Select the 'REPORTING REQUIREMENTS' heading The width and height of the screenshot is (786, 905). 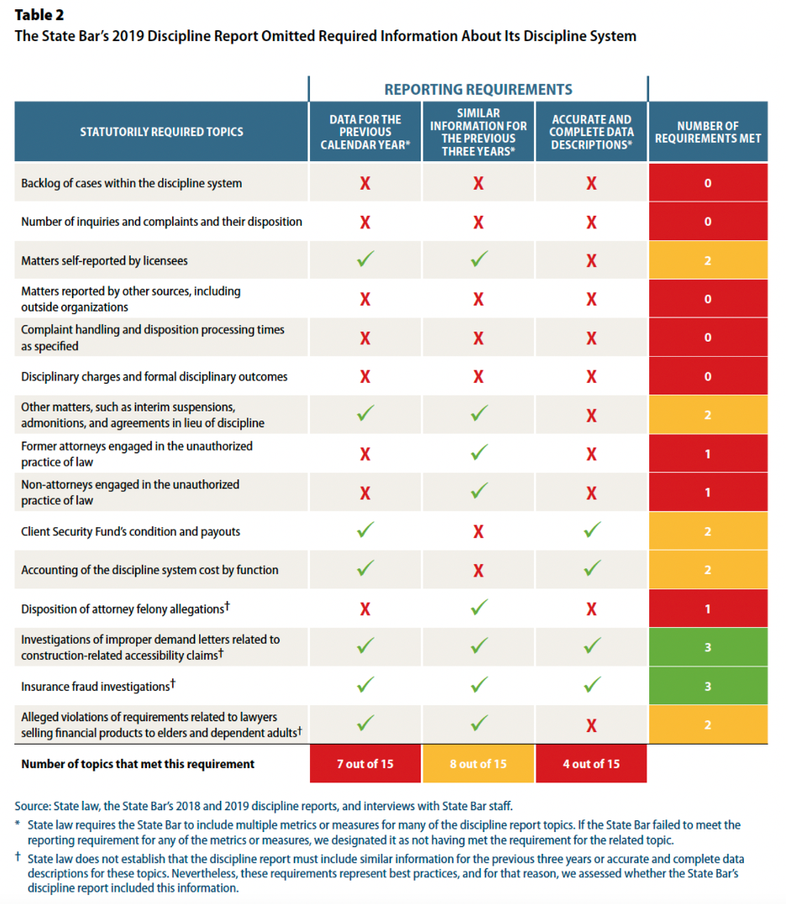tap(478, 89)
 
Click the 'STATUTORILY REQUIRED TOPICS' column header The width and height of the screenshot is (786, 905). tap(162, 132)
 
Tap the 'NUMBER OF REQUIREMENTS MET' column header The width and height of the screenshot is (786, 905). tap(708, 132)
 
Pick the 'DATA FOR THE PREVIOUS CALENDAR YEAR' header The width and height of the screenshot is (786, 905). tap(365, 132)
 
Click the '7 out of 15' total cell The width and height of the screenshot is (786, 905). tap(365, 764)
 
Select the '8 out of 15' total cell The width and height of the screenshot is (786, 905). tap(478, 764)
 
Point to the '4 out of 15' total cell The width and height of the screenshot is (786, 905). tap(591, 764)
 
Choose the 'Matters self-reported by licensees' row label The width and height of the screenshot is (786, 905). tap(104, 261)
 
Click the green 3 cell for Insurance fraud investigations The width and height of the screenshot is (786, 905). tap(708, 686)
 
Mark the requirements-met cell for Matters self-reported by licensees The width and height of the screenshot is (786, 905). tap(708, 261)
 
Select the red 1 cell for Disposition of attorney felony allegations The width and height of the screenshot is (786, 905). tap(708, 609)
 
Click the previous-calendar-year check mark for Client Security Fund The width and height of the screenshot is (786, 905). tap(365, 531)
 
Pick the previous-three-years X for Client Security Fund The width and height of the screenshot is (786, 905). tap(478, 531)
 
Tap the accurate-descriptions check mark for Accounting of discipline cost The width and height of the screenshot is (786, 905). tap(591, 569)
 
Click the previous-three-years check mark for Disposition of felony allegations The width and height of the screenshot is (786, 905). tap(478, 608)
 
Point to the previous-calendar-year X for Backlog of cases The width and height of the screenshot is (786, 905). tap(365, 183)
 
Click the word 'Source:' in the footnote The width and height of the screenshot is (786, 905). tap(34, 806)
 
